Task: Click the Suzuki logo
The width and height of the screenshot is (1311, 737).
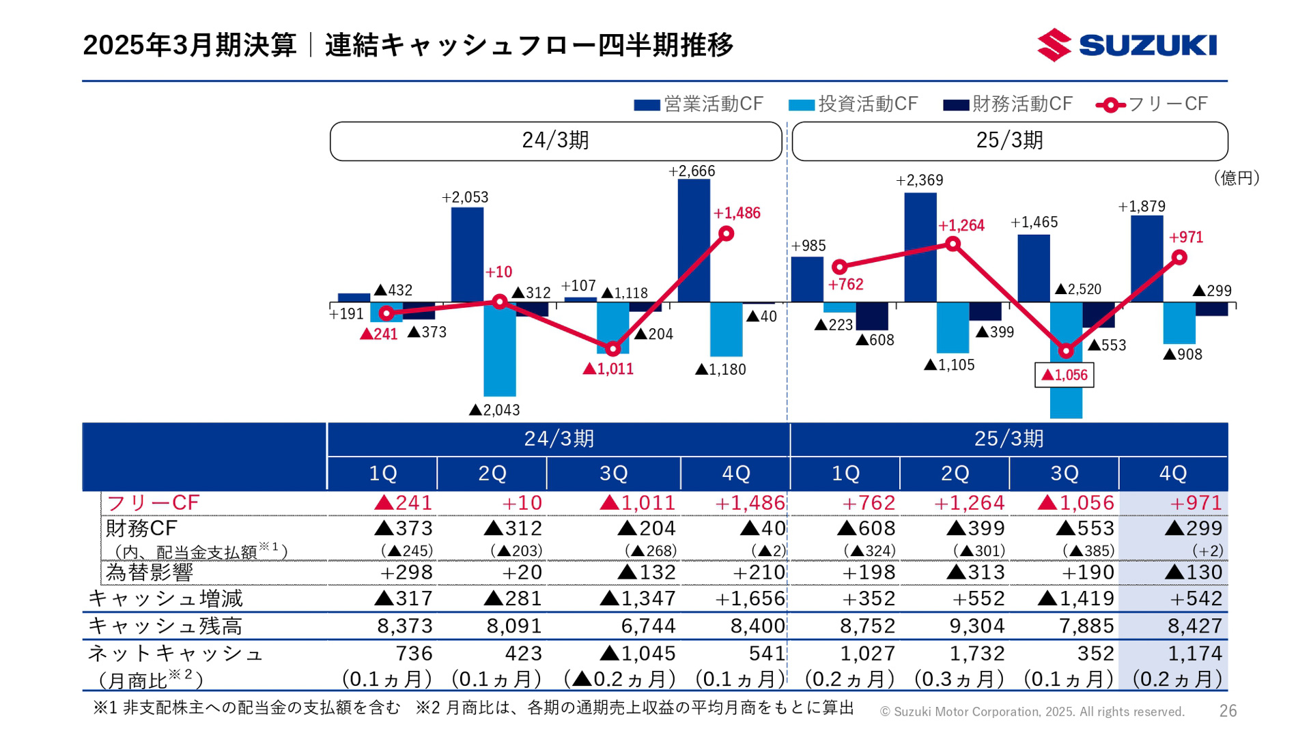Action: click(1127, 45)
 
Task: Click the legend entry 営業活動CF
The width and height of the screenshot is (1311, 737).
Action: click(698, 104)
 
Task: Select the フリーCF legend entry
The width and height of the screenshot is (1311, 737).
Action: click(1153, 104)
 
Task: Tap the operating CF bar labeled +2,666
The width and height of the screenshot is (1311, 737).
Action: click(694, 240)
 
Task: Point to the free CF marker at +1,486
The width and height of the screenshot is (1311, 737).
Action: click(727, 234)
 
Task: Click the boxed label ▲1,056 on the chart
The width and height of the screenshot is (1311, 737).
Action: click(1064, 375)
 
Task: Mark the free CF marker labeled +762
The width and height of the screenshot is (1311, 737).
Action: click(840, 267)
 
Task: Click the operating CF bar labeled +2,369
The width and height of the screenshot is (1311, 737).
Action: click(920, 247)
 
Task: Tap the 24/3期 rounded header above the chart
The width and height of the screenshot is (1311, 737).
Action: click(555, 141)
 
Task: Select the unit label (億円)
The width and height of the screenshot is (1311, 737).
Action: click(1236, 179)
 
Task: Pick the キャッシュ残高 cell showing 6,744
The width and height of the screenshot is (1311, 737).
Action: click(648, 626)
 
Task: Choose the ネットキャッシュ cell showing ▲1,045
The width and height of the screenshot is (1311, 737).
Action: click(638, 654)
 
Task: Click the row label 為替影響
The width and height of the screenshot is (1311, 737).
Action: click(149, 573)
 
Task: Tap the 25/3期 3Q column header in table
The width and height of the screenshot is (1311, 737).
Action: click(1064, 474)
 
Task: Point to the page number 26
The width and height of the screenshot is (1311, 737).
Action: click(1228, 711)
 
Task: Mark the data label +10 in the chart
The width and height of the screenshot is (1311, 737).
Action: click(498, 272)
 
